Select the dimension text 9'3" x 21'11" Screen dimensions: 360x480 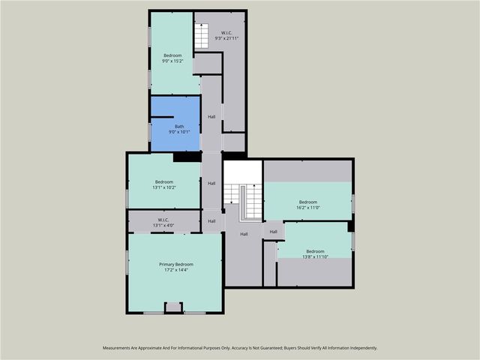click(226, 38)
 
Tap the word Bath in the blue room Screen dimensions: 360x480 click(179, 127)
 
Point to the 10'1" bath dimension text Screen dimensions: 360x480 click(185, 132)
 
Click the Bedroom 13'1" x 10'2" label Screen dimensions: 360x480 click(164, 184)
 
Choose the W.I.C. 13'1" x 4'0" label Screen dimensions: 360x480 click(164, 223)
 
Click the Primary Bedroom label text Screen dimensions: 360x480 click(176, 264)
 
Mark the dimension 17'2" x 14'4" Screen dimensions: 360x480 click(176, 270)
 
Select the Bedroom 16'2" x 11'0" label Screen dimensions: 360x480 click(308, 204)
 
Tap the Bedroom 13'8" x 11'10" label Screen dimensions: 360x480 click(315, 254)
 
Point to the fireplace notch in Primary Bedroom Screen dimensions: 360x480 click(173, 307)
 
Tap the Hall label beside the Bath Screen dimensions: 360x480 click(211, 117)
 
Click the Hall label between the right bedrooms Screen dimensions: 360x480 click(273, 232)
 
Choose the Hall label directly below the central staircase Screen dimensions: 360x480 click(244, 235)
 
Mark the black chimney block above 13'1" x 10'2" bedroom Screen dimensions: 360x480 click(186, 157)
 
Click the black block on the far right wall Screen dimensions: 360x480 click(351, 226)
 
